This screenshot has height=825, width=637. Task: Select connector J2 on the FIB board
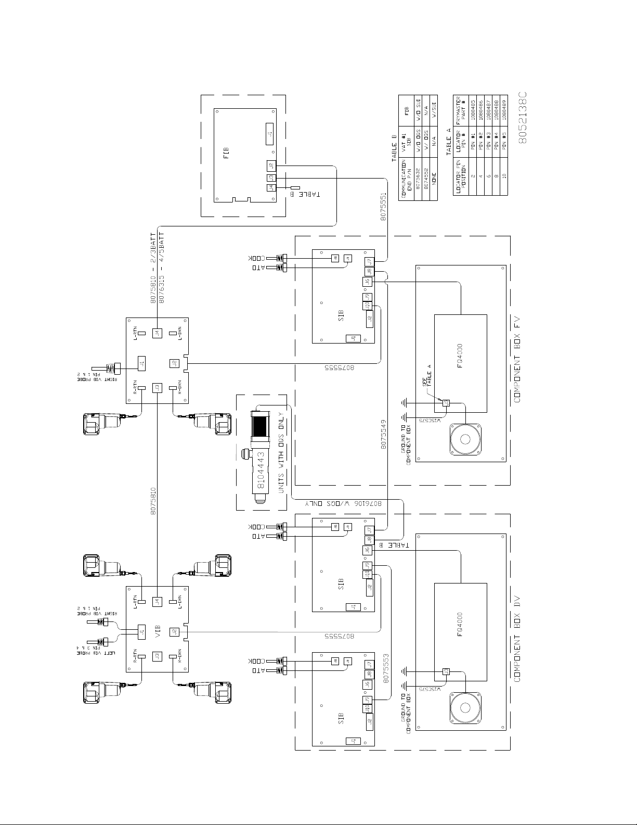[270, 166]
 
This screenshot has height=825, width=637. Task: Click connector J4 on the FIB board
[270, 188]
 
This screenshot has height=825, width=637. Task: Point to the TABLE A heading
[448, 142]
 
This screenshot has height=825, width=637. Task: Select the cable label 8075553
[386, 668]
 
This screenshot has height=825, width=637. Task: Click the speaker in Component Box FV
[466, 440]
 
